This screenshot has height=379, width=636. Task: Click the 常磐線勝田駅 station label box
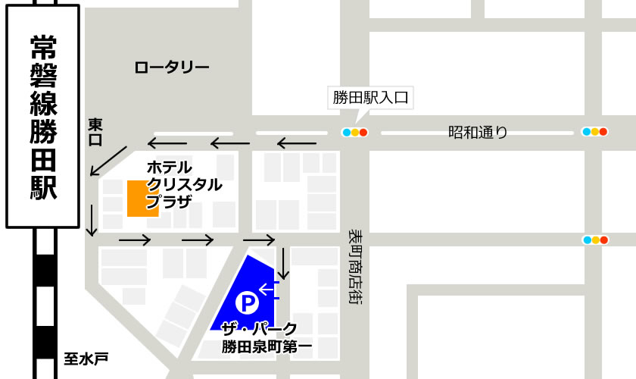pyautogui.click(x=42, y=116)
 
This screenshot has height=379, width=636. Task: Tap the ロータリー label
pyautogui.click(x=172, y=67)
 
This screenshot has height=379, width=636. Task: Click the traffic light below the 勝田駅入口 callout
pyautogui.click(x=354, y=133)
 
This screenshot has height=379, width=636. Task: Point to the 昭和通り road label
pyautogui.click(x=477, y=133)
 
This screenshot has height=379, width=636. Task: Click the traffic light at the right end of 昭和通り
pyautogui.click(x=595, y=132)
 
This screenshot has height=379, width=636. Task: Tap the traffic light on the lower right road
pyautogui.click(x=595, y=240)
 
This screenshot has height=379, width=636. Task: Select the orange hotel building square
pyautogui.click(x=142, y=198)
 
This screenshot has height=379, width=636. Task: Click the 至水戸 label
pyautogui.click(x=86, y=358)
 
